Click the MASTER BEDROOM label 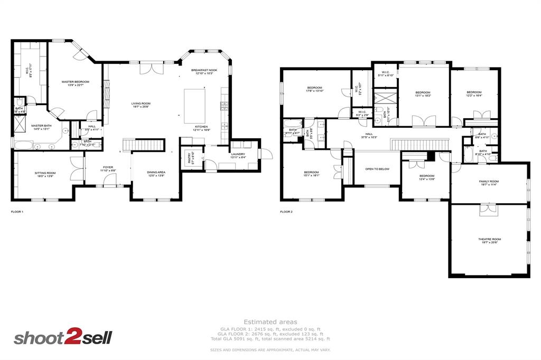75,82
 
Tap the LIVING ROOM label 141,103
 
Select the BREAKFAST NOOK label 204,70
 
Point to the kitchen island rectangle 194,106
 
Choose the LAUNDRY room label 238,154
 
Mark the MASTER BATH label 41,126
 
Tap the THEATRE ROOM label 490,239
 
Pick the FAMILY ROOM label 490,181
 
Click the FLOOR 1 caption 17,212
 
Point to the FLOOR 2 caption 286,212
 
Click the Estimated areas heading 270,321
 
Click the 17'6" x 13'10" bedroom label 314,88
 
